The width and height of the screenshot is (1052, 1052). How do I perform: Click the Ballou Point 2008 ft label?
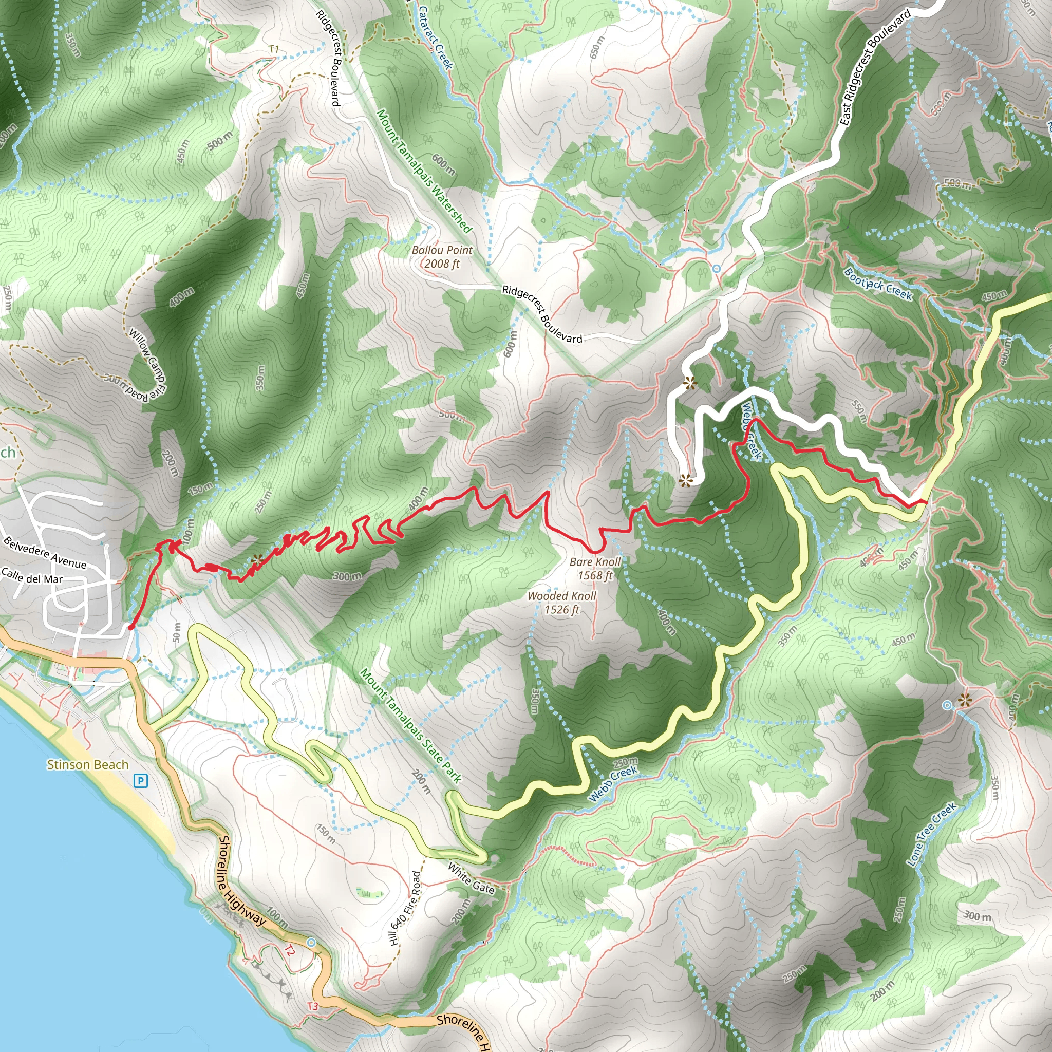[x=442, y=257]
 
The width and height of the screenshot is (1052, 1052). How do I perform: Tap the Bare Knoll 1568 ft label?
[x=595, y=569]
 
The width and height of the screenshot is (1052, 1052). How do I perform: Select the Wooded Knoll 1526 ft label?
[x=561, y=602]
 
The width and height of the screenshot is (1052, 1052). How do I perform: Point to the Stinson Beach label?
[x=88, y=764]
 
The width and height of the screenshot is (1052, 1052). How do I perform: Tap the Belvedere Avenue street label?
[x=45, y=552]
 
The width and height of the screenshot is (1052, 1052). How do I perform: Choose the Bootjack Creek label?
[x=877, y=283]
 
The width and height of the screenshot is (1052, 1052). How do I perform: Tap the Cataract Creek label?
[x=436, y=37]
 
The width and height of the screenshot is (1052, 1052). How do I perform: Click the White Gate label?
[x=471, y=878]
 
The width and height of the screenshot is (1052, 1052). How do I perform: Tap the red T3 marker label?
[x=312, y=1006]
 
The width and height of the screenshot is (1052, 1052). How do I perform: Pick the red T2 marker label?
[x=290, y=951]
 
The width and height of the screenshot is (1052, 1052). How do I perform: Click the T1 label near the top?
[x=274, y=49]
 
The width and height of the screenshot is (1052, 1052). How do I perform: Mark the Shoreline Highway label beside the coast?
[x=241, y=880]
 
